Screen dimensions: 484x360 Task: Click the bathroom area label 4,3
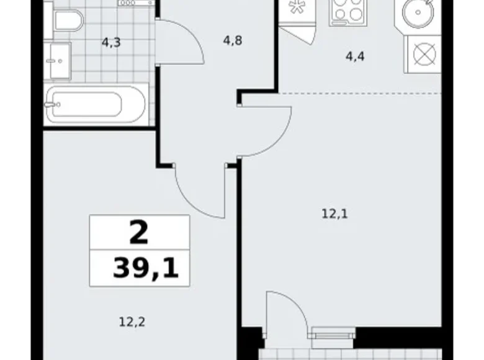coord(111,42)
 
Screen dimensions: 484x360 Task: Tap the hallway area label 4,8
coord(233,40)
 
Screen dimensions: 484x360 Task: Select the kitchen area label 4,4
coord(355,57)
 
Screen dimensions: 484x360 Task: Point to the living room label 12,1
coord(335,214)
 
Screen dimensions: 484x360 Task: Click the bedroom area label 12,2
coord(132,322)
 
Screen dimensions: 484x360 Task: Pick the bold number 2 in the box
coord(139,233)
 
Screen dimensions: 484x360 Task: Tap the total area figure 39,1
coord(146,268)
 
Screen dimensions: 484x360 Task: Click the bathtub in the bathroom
coord(96,104)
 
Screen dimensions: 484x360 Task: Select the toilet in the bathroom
coord(65,20)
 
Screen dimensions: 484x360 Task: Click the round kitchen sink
coord(418,12)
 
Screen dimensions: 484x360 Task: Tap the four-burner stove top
coord(348,13)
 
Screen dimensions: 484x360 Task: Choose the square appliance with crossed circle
coord(424,55)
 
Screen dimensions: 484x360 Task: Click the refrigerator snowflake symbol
coord(297,7)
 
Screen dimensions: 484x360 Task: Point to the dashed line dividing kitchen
coord(360,93)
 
